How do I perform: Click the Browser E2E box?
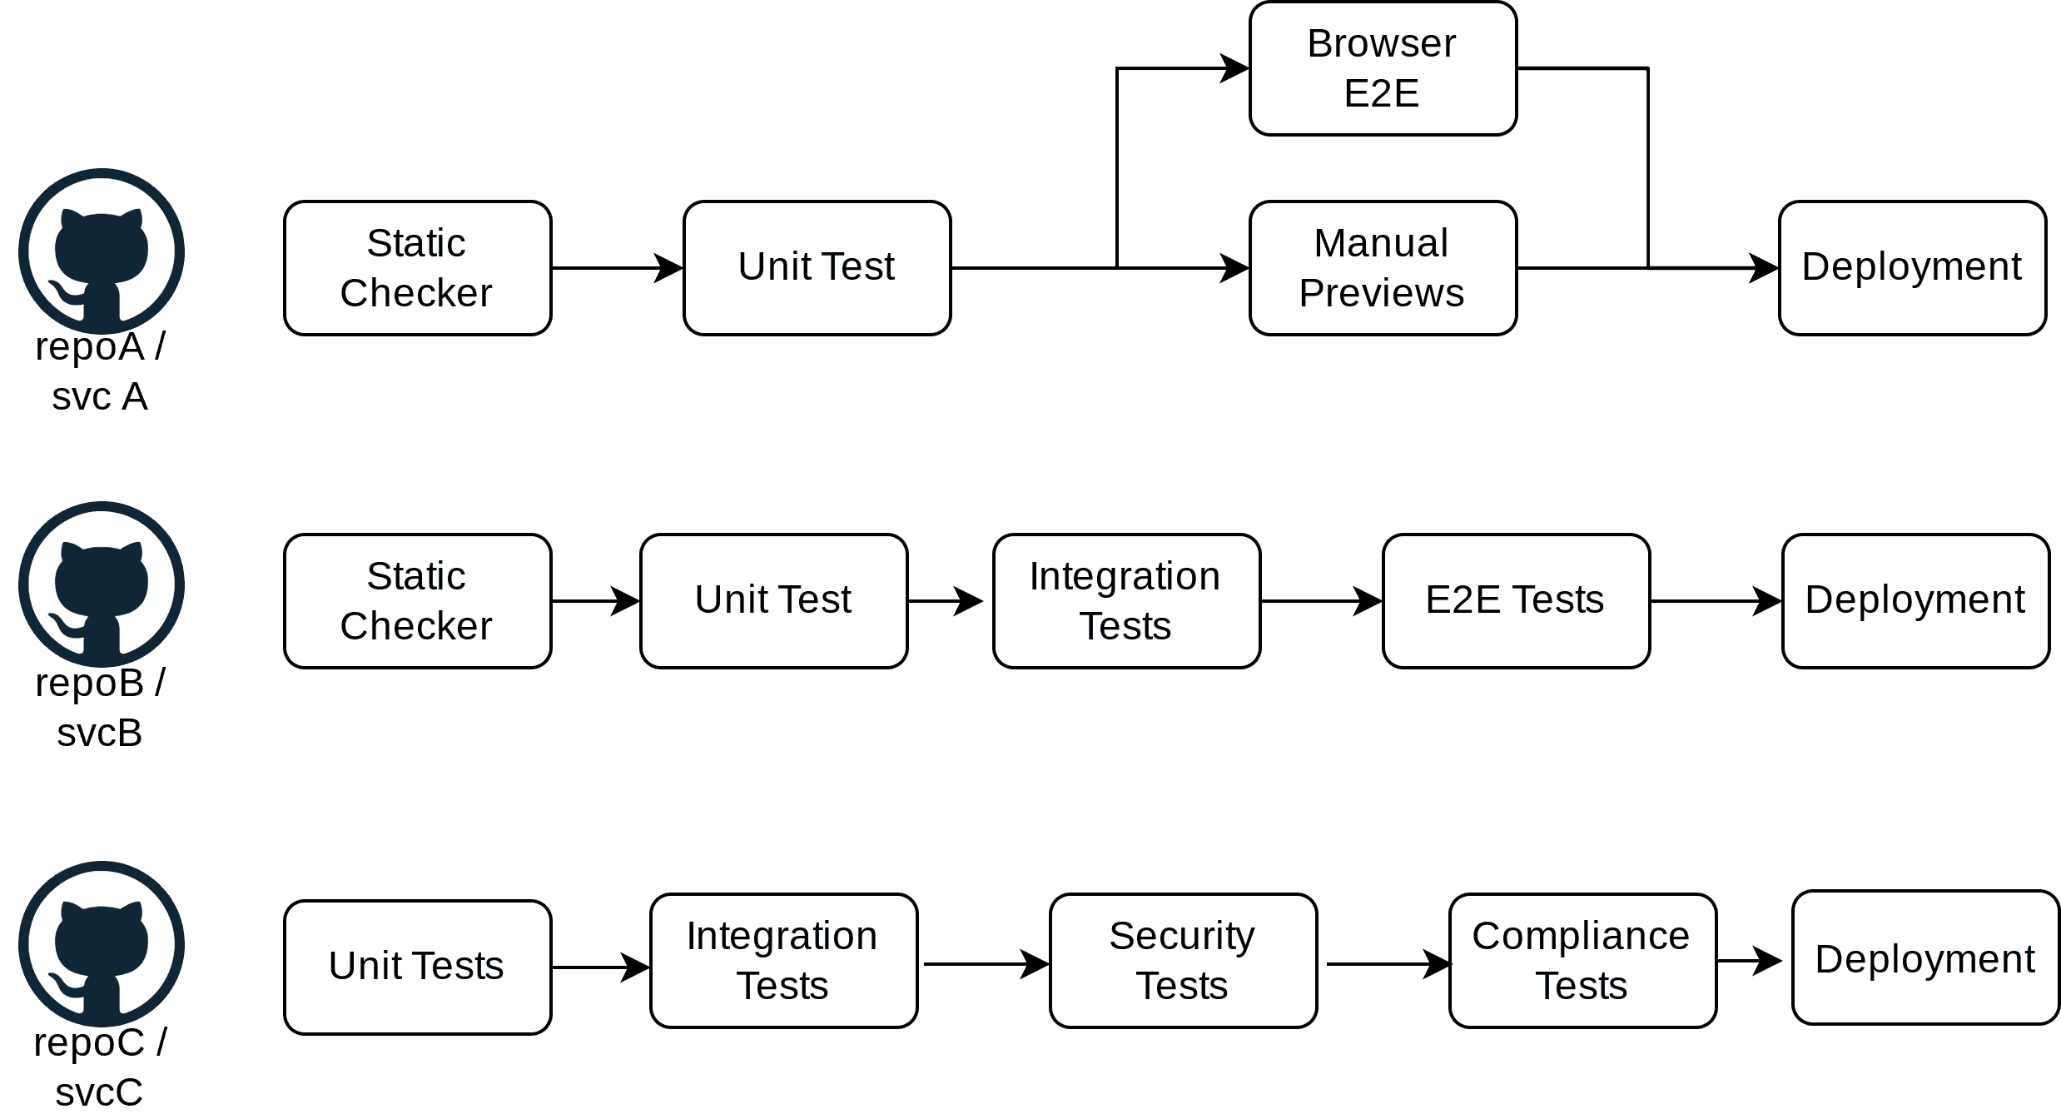pos(1383,68)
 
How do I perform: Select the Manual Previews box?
pos(1383,268)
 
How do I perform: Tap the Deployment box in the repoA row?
pos(1912,268)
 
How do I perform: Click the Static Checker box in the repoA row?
pos(417,268)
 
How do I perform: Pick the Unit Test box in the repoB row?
pos(773,600)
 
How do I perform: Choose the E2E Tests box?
pos(1516,600)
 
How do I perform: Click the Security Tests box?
pos(1183,961)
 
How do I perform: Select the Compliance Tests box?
pos(1582,961)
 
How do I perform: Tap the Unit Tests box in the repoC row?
pos(417,967)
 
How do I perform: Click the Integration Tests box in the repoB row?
pos(1126,600)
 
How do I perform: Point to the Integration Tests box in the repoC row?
pos(783,961)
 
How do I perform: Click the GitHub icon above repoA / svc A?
pos(102,251)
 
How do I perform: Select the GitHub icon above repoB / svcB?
pos(102,584)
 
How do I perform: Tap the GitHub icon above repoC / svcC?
pos(102,943)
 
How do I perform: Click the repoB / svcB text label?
pos(100,708)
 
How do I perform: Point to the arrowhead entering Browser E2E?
pos(1235,68)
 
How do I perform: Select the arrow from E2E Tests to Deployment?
pos(1715,600)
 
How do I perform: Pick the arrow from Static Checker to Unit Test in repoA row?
pos(617,268)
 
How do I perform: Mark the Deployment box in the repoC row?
pos(1924,957)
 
